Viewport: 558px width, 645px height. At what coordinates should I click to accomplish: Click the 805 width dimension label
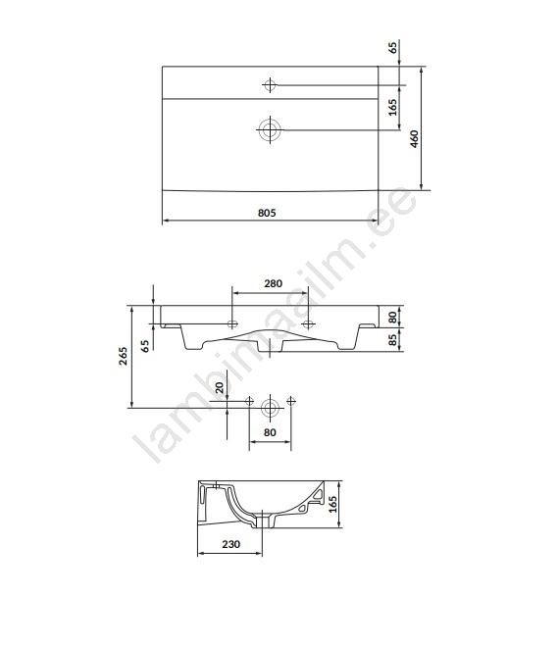267,213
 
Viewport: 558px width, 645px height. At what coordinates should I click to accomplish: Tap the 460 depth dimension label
414,138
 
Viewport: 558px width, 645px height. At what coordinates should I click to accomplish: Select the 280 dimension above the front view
274,283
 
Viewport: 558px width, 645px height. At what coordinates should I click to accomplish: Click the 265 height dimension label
123,356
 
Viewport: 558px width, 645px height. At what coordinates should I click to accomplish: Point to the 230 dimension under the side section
230,544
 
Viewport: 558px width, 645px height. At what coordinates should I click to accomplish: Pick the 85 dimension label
392,340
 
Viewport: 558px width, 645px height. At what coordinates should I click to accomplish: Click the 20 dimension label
220,387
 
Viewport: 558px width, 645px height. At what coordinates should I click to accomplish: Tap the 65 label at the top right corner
393,47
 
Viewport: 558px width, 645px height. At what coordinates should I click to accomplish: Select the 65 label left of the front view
145,345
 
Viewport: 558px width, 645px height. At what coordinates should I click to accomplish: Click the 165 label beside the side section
332,504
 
